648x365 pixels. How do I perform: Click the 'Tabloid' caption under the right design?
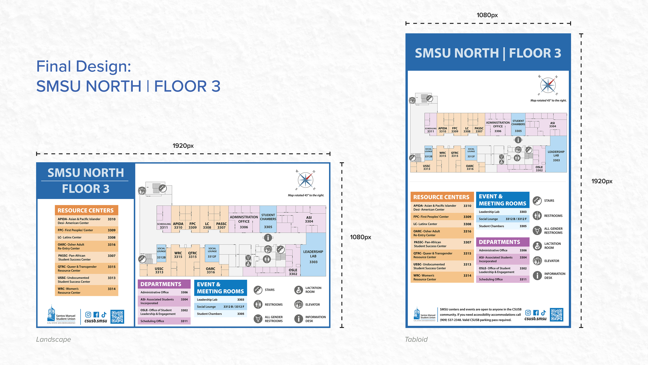pyautogui.click(x=416, y=339)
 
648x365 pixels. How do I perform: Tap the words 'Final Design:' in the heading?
pyautogui.click(x=84, y=66)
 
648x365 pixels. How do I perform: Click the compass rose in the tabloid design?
pyautogui.click(x=547, y=85)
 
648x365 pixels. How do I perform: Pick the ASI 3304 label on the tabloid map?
pyautogui.click(x=552, y=125)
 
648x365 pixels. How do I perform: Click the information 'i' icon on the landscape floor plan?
pyautogui.click(x=268, y=237)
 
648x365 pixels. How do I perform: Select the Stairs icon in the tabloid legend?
pyautogui.click(x=537, y=201)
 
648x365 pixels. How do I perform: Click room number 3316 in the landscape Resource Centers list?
pyautogui.click(x=111, y=244)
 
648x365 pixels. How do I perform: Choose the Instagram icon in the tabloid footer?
pyautogui.click(x=528, y=313)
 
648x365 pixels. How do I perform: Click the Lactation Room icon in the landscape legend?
pyautogui.click(x=299, y=290)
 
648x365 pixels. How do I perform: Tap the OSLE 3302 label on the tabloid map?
pyautogui.click(x=539, y=169)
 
